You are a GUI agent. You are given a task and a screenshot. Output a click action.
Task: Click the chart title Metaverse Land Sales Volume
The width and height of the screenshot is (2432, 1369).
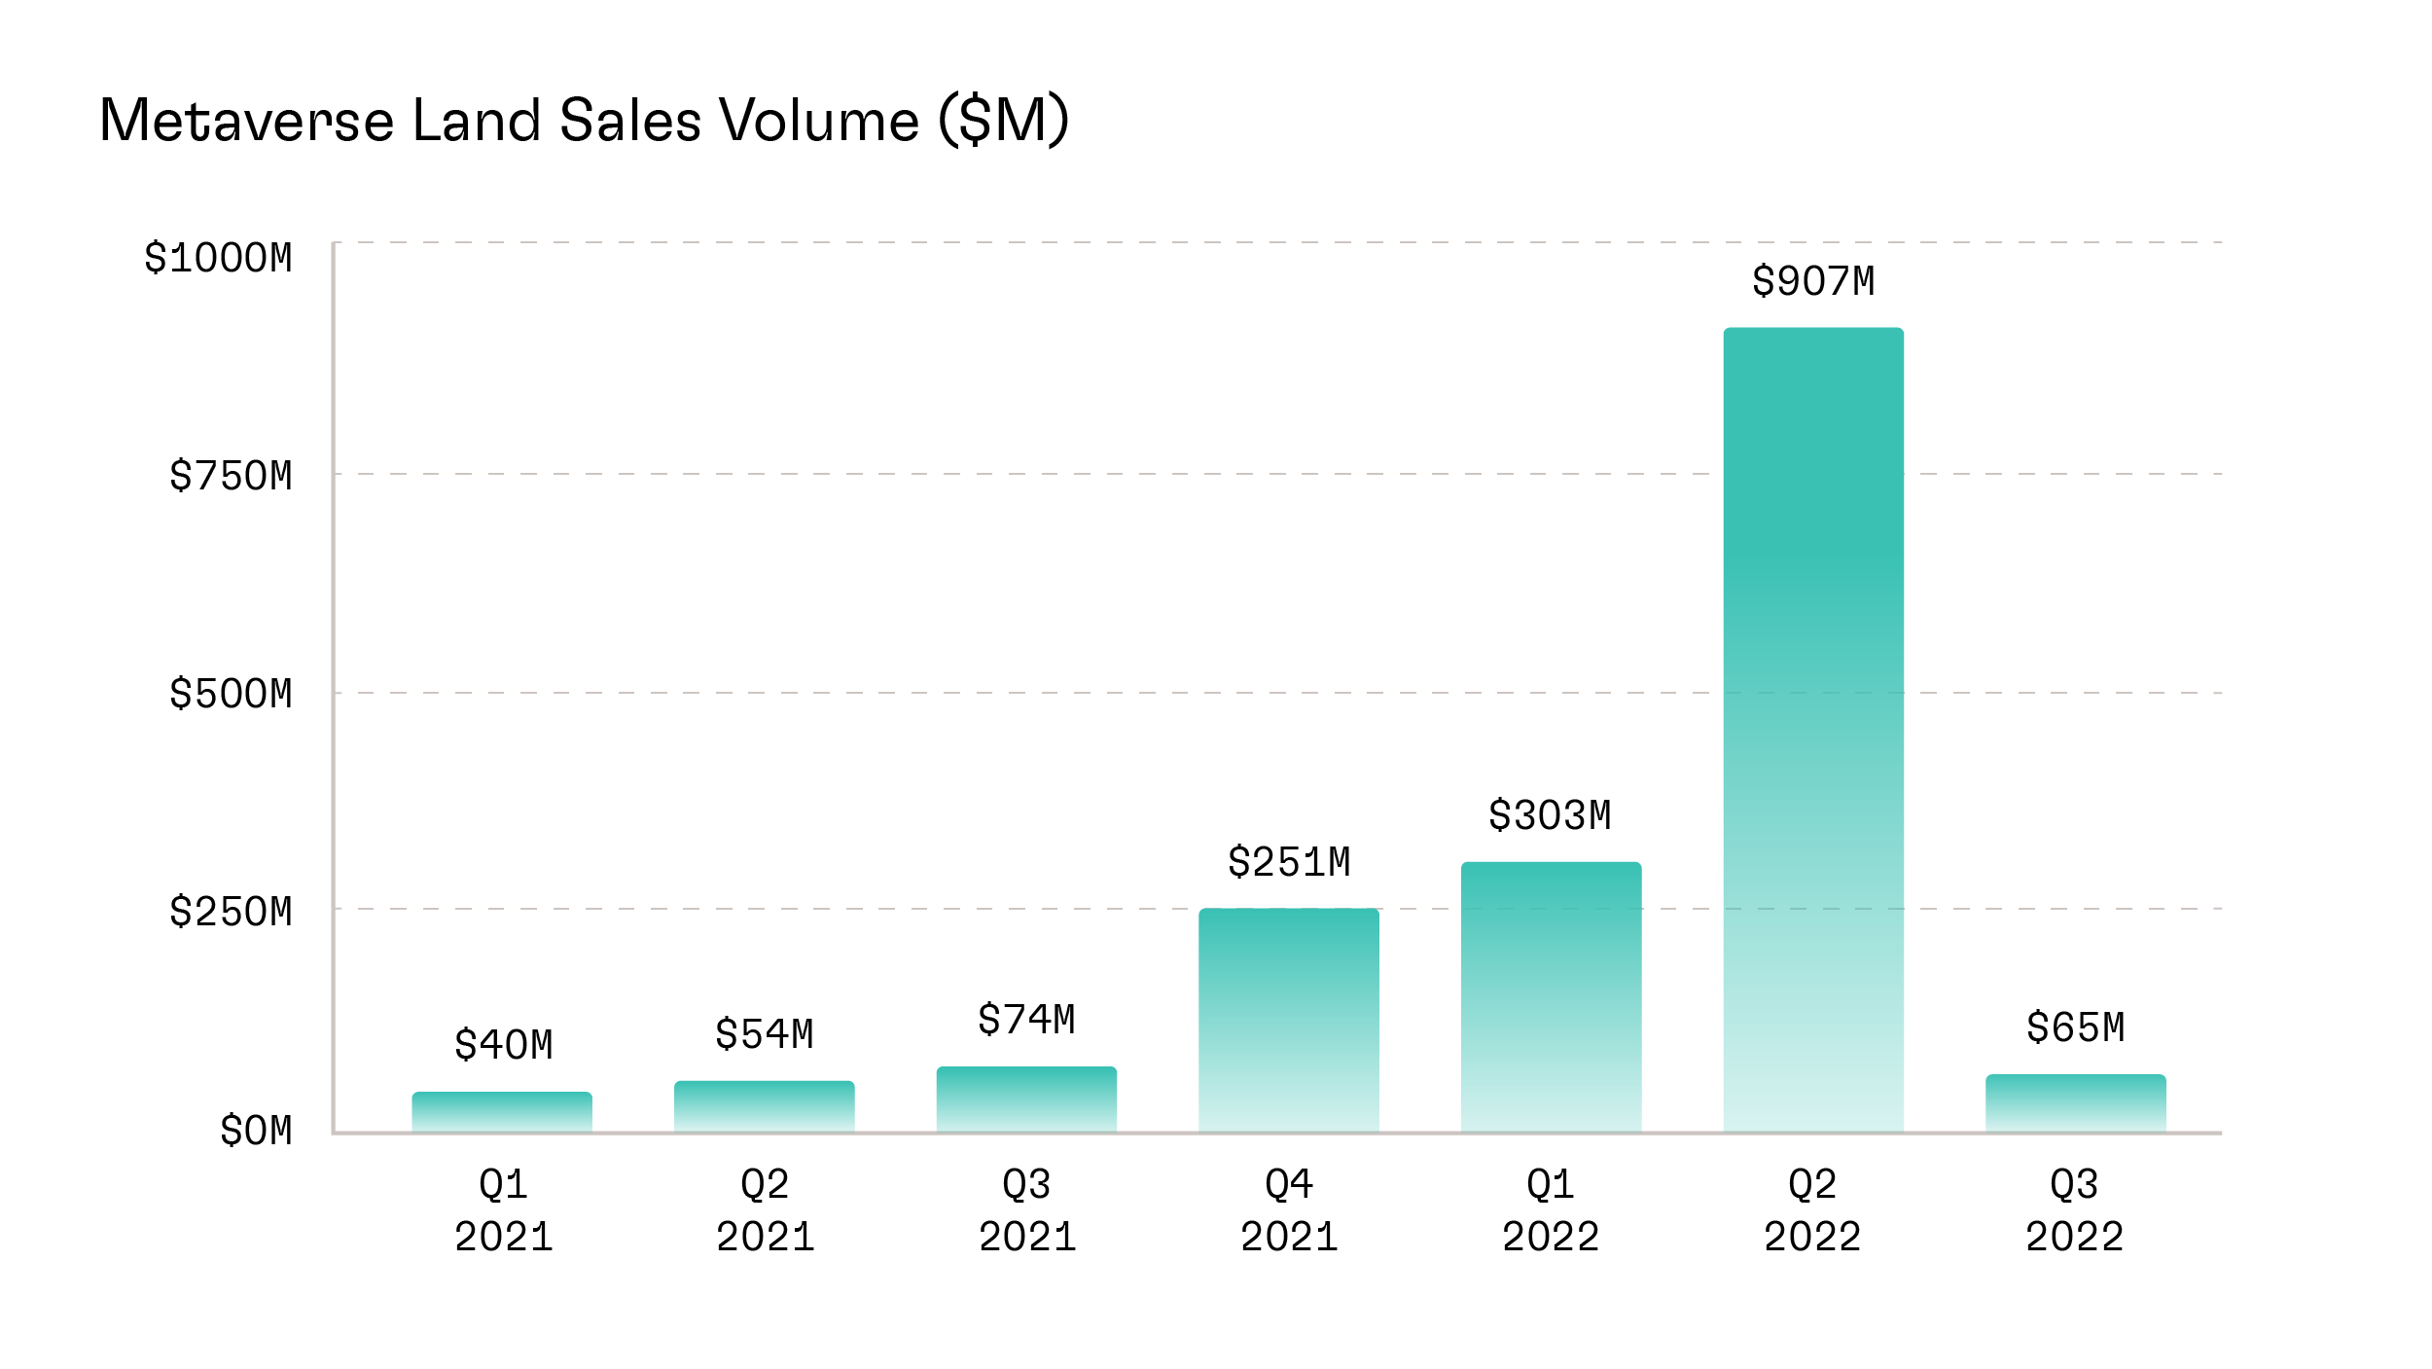click(x=584, y=121)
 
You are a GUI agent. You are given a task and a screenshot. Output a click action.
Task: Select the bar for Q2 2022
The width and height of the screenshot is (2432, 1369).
click(x=1813, y=730)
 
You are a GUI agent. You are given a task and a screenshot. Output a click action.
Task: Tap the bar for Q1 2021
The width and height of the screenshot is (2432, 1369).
click(x=502, y=1111)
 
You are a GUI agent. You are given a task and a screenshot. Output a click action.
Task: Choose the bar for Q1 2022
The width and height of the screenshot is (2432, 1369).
click(x=1551, y=996)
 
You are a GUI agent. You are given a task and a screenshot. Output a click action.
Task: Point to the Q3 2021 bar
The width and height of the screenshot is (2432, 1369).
click(x=1026, y=1099)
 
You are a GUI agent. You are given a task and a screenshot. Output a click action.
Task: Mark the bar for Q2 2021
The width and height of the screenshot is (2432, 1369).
click(x=765, y=1106)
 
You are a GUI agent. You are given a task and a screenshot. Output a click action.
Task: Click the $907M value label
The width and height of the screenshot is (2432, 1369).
click(x=1813, y=281)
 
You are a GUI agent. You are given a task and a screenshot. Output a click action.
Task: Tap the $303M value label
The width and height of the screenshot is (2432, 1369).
click(x=1551, y=815)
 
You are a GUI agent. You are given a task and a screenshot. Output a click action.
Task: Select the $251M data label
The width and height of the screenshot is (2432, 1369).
click(x=1289, y=862)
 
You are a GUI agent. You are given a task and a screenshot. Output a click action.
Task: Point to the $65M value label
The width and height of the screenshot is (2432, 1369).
click(x=2075, y=1027)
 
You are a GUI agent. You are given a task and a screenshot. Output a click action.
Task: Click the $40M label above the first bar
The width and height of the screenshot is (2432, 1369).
click(x=503, y=1045)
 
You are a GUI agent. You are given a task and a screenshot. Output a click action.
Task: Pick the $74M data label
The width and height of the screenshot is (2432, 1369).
click(x=1026, y=1020)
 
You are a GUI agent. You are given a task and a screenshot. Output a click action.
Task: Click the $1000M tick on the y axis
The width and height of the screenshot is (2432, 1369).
click(x=218, y=258)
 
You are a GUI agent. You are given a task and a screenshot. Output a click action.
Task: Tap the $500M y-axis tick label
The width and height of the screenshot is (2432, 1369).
click(x=231, y=694)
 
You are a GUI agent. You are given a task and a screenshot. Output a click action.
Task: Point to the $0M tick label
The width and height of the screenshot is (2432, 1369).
click(x=256, y=1131)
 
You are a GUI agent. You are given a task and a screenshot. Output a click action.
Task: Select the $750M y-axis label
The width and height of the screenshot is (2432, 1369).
click(x=231, y=476)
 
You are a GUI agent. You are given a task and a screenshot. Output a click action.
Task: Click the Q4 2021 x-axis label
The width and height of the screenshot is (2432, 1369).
click(x=1289, y=1210)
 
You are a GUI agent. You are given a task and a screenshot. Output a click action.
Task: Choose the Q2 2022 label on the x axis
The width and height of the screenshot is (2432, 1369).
click(x=1812, y=1210)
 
